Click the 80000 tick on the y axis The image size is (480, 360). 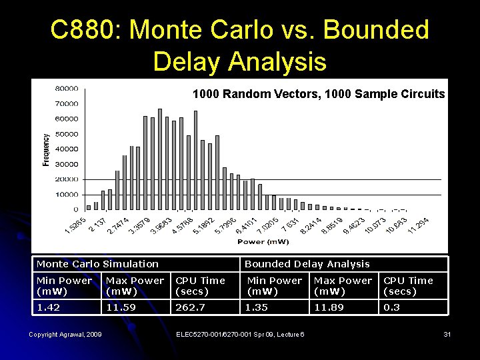[66, 88]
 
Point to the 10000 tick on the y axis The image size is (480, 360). [66, 195]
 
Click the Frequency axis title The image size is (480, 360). [46, 149]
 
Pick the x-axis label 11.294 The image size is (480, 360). [418, 225]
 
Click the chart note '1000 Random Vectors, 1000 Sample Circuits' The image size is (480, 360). [318, 94]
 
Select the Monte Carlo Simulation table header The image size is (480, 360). [97, 264]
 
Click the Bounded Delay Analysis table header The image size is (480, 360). [307, 264]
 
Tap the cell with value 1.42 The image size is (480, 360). [48, 307]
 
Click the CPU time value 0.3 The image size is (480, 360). [393, 307]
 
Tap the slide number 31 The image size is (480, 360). [447, 334]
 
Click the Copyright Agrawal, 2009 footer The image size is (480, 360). [65, 334]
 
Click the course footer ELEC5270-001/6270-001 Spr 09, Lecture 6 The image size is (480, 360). [240, 334]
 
